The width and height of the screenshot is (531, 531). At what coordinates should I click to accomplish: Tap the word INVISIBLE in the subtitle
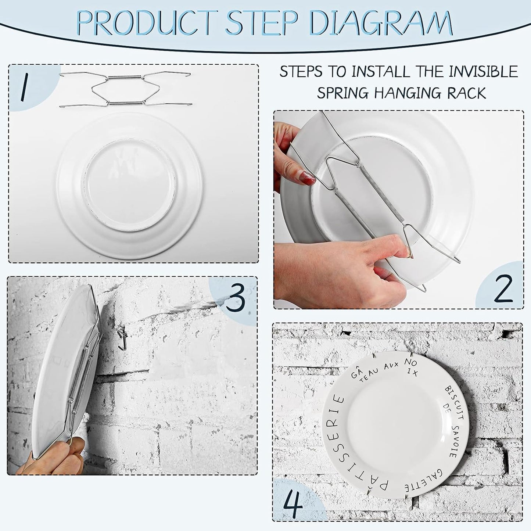click(481, 72)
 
